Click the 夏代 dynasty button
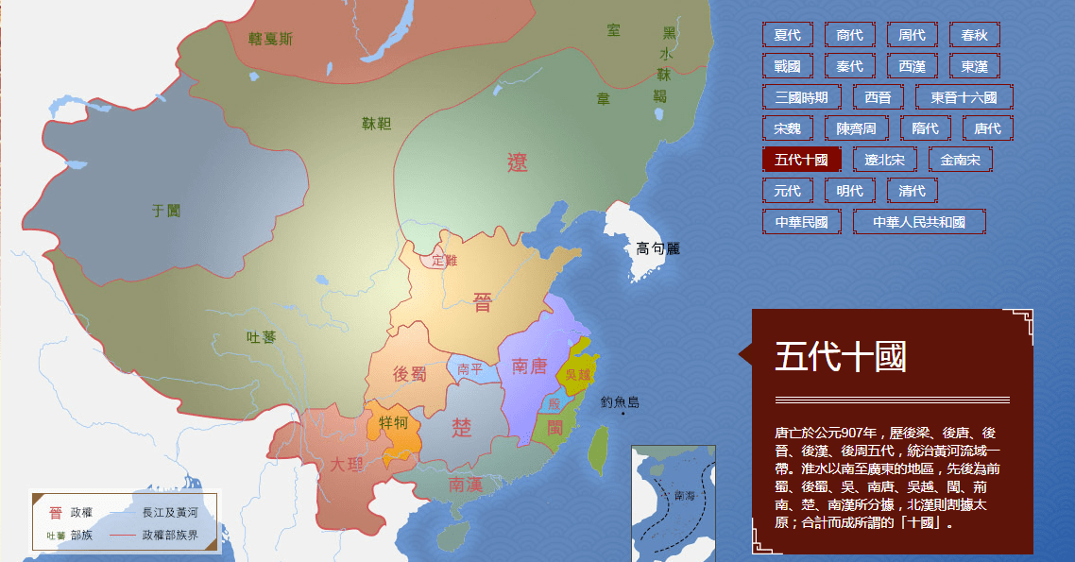[x=787, y=35]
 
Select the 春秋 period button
[x=974, y=35]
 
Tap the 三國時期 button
[x=801, y=97]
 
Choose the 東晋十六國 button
[x=964, y=97]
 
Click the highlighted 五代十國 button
[x=801, y=160]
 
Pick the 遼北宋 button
[x=884, y=160]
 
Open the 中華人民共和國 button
[x=918, y=222]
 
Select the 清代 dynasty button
[x=912, y=191]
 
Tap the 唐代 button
[x=987, y=128]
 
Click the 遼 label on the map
[x=518, y=162]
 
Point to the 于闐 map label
[x=166, y=211]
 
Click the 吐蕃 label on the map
[x=261, y=337]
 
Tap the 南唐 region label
[x=529, y=366]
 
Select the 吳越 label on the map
[x=577, y=374]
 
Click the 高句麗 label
[x=657, y=248]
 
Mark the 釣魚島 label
[x=620, y=402]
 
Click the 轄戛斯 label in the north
[x=270, y=39]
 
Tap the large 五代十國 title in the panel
[x=840, y=357]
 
